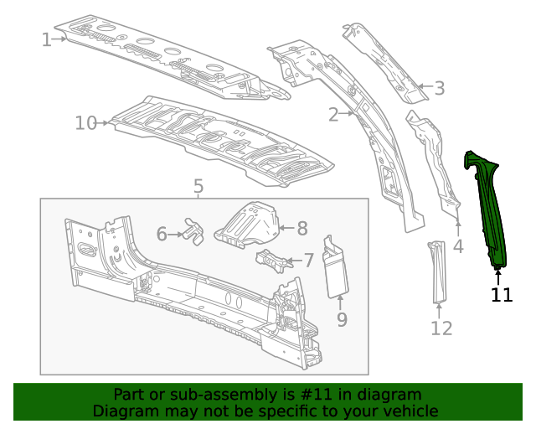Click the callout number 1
pyautogui.click(x=47, y=39)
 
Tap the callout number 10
pyautogui.click(x=86, y=123)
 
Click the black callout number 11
pyautogui.click(x=502, y=295)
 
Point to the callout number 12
pyautogui.click(x=441, y=328)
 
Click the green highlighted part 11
pyautogui.click(x=489, y=209)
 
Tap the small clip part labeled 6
pyautogui.click(x=194, y=232)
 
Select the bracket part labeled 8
pyautogui.click(x=248, y=224)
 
